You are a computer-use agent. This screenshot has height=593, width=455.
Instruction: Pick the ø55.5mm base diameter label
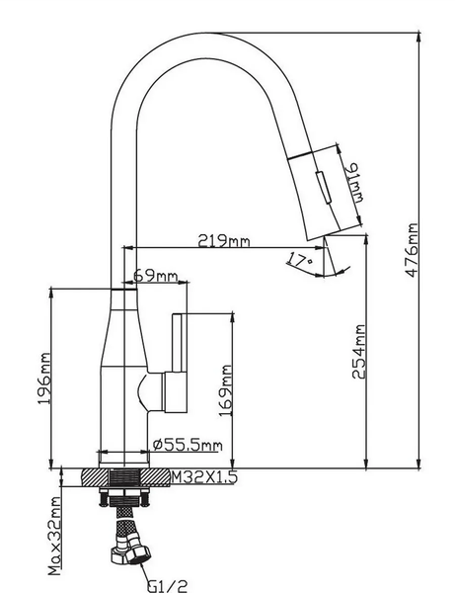tap(188, 444)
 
